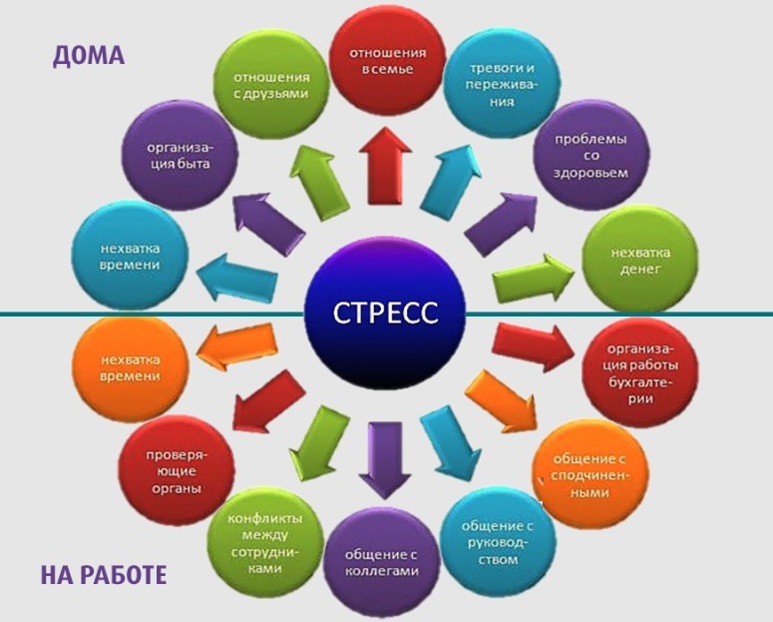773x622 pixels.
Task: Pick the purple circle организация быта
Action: [x=180, y=155]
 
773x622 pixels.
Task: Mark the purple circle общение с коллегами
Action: [x=380, y=562]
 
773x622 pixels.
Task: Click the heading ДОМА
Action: [x=88, y=55]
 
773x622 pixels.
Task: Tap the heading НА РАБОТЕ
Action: [x=103, y=575]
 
